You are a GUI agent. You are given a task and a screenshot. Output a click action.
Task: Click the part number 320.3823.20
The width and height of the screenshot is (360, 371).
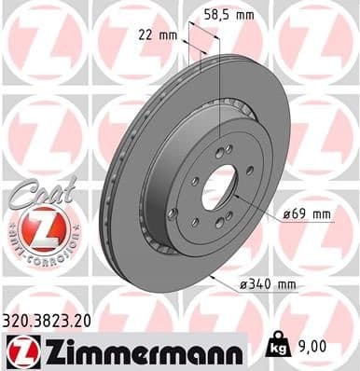coord(50,319)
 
